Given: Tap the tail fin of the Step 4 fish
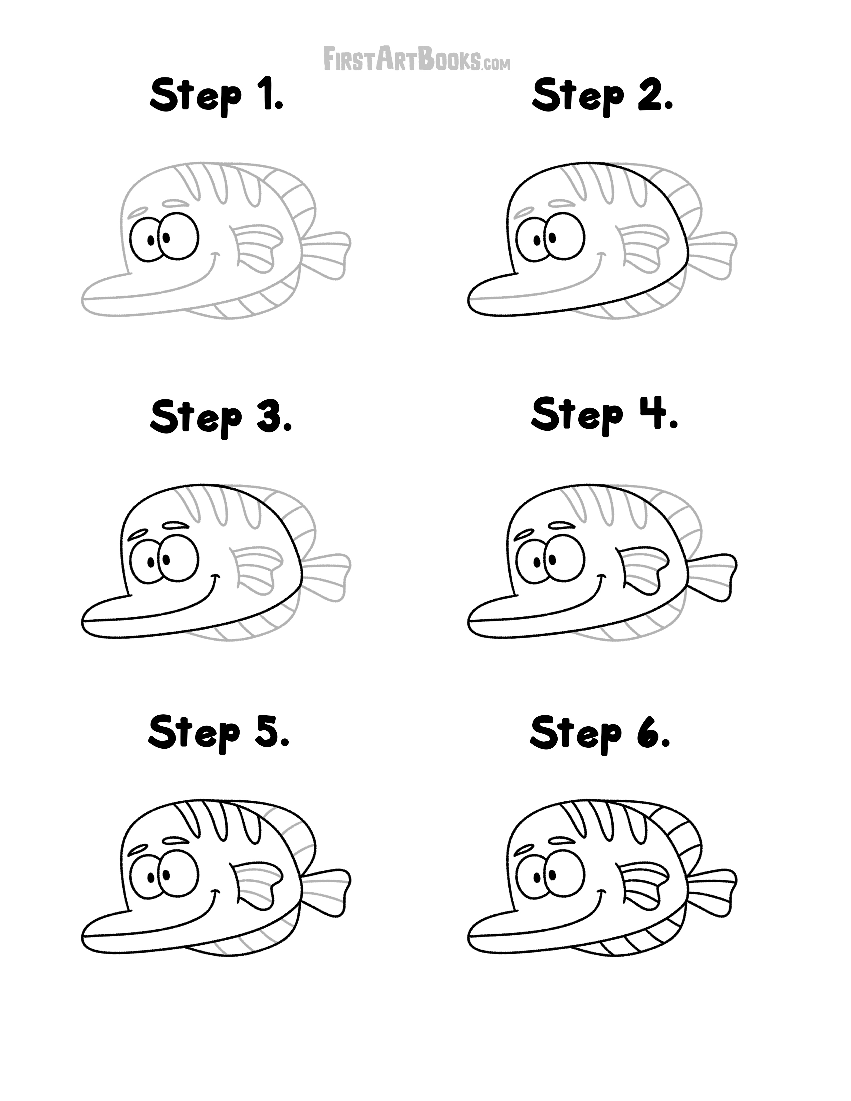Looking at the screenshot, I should click(714, 575).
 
